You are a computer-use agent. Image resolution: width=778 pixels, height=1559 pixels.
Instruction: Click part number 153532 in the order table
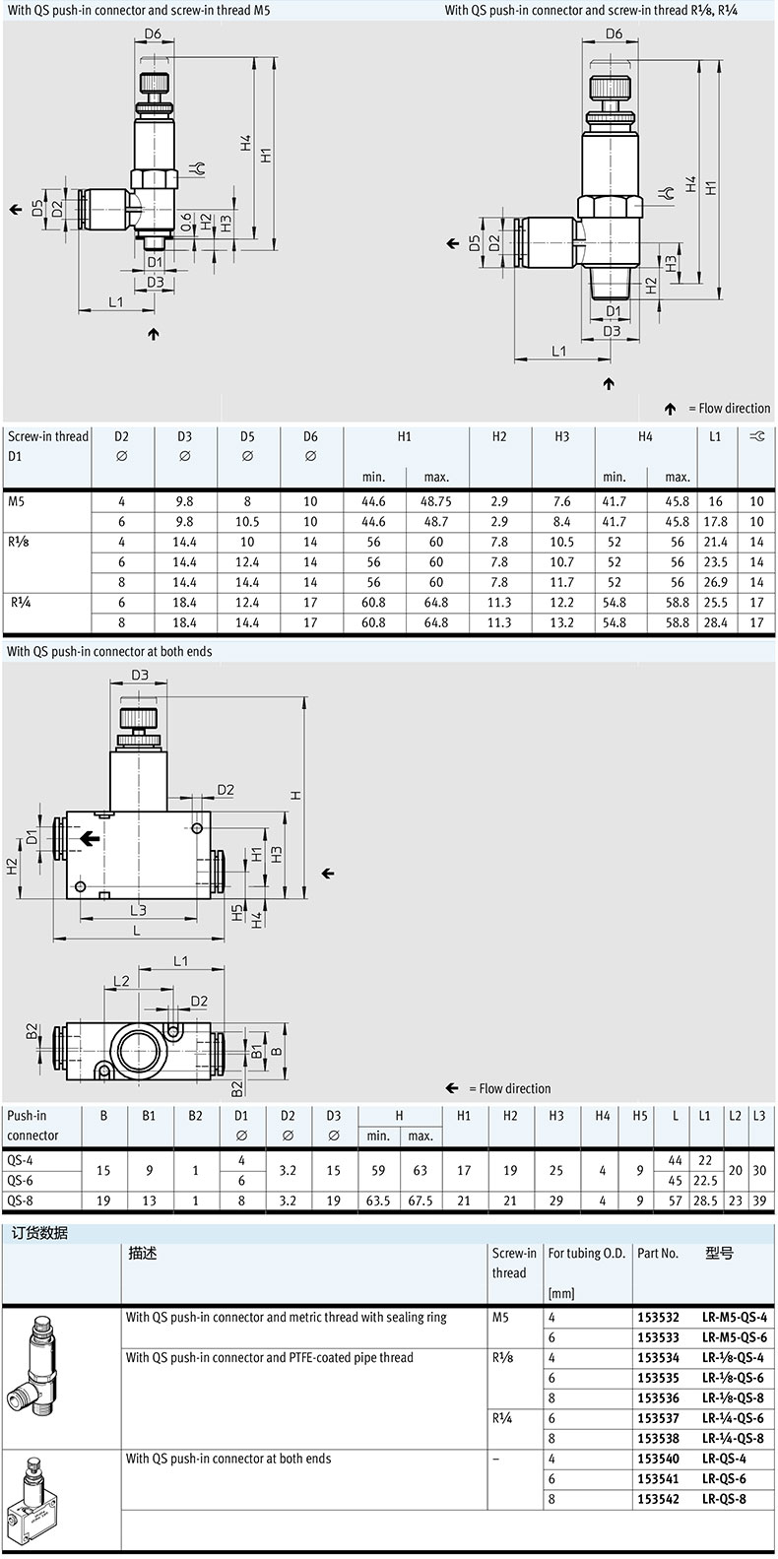658,1317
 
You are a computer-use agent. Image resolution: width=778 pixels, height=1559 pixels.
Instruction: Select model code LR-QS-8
724,1499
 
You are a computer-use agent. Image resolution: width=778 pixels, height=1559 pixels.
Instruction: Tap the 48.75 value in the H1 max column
436,501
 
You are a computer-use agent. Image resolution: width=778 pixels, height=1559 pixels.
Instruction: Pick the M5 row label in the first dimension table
17,501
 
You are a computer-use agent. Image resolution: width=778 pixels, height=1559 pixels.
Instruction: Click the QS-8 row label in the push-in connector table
20,1201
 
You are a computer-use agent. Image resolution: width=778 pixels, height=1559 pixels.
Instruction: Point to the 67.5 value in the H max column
421,1201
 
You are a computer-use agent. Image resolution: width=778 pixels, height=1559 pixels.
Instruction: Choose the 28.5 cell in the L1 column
705,1201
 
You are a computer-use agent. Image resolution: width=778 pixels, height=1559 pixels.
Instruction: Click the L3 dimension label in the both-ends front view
138,910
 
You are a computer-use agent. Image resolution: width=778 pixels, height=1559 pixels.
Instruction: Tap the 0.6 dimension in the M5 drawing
186,222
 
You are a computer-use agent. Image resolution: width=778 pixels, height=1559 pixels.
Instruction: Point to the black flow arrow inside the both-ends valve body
90,839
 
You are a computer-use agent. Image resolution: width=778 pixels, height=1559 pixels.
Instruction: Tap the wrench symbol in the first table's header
757,436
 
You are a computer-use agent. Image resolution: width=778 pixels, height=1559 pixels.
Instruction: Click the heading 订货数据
39,1233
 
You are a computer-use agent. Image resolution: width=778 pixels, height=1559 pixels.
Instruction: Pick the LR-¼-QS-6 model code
733,1418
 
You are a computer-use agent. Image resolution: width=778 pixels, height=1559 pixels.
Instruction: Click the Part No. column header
658,1253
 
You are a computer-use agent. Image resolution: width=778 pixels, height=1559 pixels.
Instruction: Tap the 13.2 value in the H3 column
562,622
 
